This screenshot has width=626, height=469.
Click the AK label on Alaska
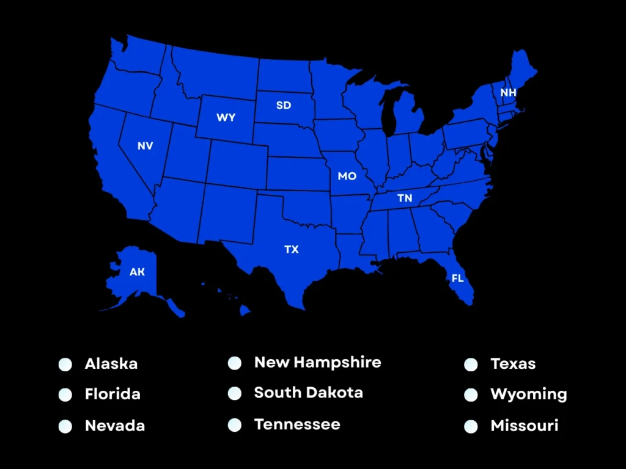tap(137, 272)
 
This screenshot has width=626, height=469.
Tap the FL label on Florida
tap(457, 278)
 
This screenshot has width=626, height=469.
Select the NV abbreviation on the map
tap(145, 146)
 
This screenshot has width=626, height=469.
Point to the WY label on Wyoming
tap(226, 117)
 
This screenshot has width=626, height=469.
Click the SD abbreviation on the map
tap(284, 105)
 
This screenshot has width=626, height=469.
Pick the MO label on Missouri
tap(347, 176)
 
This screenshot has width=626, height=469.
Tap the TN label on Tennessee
tap(405, 198)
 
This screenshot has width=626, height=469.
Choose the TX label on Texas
tap(292, 249)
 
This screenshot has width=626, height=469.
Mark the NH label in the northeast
tap(508, 93)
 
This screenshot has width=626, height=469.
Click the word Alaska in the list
tap(111, 364)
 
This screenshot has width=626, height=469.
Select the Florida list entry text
tap(112, 394)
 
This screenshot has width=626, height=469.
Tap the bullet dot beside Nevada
tap(65, 426)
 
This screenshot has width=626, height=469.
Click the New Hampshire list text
tap(317, 362)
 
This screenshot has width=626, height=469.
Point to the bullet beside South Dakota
tap(234, 393)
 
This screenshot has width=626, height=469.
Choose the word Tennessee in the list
tap(297, 424)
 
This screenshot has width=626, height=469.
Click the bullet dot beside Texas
tap(471, 365)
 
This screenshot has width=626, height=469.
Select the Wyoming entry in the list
tap(529, 394)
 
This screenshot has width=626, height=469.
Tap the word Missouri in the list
tap(525, 426)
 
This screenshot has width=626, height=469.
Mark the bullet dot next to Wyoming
tap(471, 395)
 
